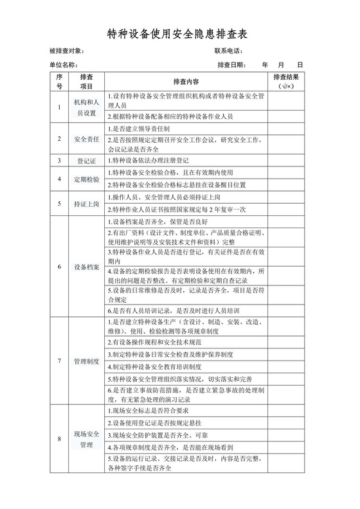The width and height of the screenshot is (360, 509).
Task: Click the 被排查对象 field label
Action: tap(67, 51)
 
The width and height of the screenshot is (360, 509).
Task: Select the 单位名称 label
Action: tap(63, 65)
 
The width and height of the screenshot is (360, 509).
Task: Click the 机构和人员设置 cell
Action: tap(86, 107)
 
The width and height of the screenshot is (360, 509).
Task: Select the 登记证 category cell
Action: tap(86, 161)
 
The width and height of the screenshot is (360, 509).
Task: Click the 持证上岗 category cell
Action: tap(86, 204)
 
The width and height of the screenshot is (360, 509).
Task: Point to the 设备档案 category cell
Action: tap(86, 266)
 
